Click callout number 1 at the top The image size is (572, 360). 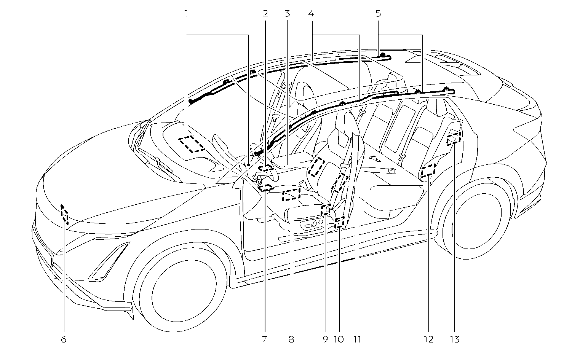coord(186,14)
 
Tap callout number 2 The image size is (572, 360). coord(265,14)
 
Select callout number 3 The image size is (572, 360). coord(287,14)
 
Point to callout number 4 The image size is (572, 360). coord(311,14)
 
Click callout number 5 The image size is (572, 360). coord(378,14)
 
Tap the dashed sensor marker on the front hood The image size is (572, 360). coord(65,214)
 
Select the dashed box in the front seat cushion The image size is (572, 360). coord(291,195)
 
